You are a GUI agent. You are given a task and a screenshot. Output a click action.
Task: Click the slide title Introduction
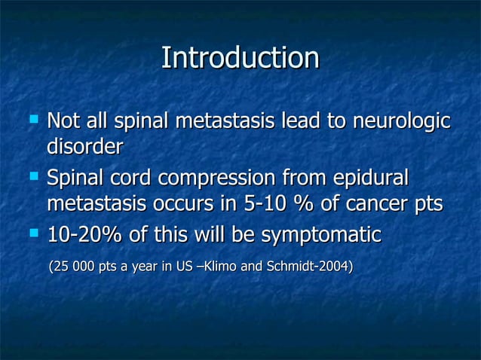240,58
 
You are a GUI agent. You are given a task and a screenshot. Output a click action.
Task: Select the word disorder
84,146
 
